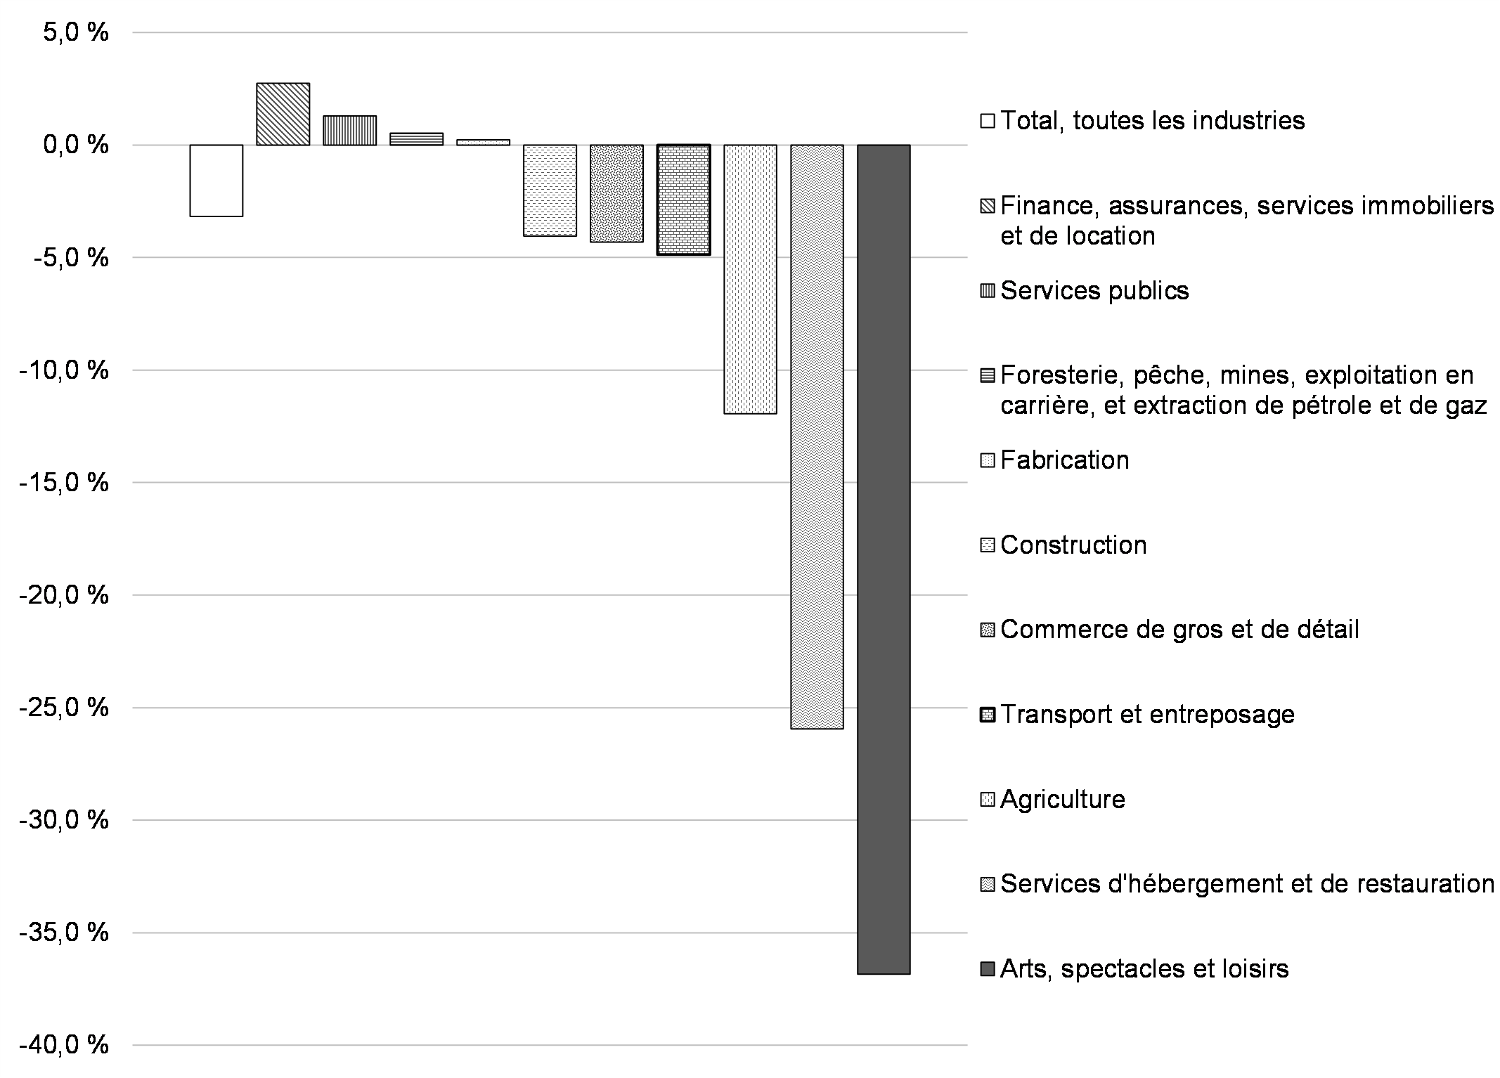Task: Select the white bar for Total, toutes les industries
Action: [x=216, y=181]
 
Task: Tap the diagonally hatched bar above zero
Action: [x=283, y=114]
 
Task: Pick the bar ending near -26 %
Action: [x=817, y=436]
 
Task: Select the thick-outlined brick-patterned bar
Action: [x=683, y=200]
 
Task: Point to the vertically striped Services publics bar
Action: [x=349, y=130]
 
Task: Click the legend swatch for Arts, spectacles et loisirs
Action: [x=988, y=970]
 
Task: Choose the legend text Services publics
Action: [x=1094, y=291]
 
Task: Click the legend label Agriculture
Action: [x=1062, y=800]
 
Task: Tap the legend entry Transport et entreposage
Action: [x=1147, y=715]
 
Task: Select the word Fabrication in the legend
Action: [x=1064, y=460]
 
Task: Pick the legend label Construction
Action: [x=1073, y=545]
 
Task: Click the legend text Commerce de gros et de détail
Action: [x=1179, y=630]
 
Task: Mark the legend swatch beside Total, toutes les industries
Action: [x=988, y=121]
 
